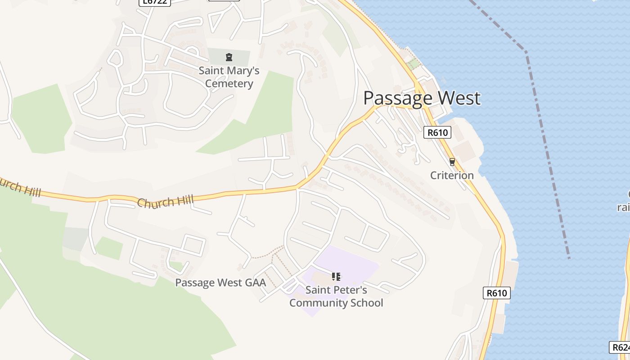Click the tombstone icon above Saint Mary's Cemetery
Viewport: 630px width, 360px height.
(x=229, y=57)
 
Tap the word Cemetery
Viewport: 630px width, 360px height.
(x=229, y=84)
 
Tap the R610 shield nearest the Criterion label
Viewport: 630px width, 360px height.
(x=437, y=132)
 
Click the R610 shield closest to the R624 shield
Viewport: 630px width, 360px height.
(x=497, y=293)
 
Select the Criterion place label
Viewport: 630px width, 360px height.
(x=452, y=175)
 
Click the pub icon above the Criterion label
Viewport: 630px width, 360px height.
(x=452, y=162)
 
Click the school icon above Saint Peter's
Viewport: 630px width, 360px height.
(x=336, y=276)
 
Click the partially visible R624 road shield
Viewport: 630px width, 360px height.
(x=620, y=347)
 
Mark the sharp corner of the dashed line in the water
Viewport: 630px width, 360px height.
(x=526, y=51)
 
